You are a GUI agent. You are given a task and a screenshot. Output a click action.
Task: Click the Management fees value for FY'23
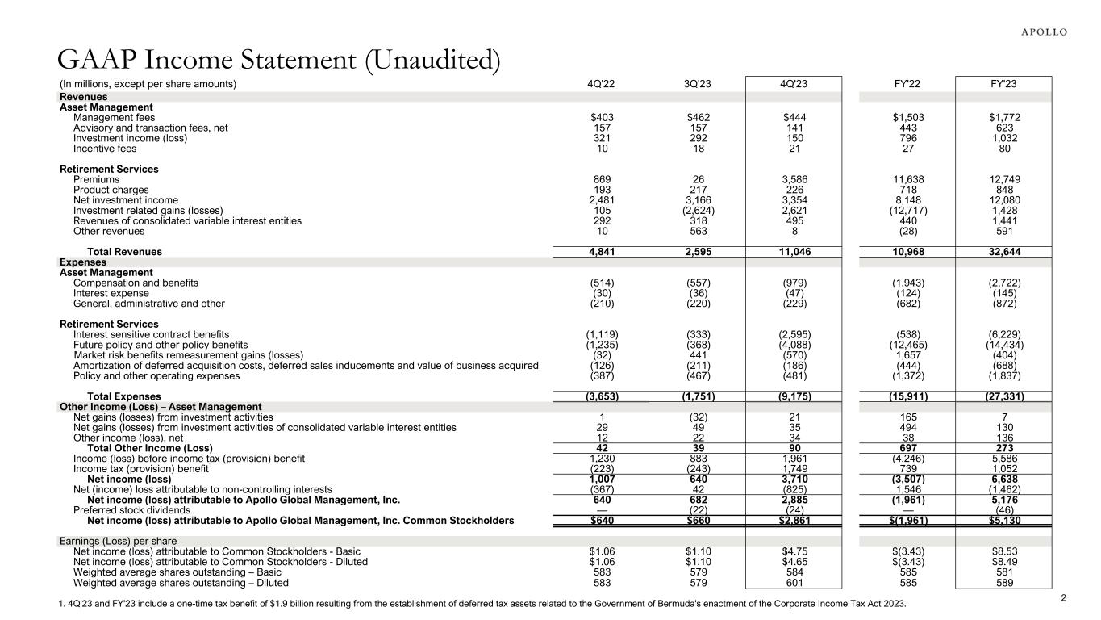(x=1003, y=117)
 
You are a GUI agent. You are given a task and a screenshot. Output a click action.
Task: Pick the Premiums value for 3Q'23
(x=699, y=179)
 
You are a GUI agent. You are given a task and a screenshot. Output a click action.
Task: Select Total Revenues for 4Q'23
(x=794, y=252)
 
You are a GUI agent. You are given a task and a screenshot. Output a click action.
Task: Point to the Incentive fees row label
(x=105, y=148)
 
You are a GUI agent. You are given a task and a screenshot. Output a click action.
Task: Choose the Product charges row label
(x=111, y=190)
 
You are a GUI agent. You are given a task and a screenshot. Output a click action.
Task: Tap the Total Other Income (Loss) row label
(x=149, y=448)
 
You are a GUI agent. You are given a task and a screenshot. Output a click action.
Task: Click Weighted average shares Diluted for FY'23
(x=1003, y=582)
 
